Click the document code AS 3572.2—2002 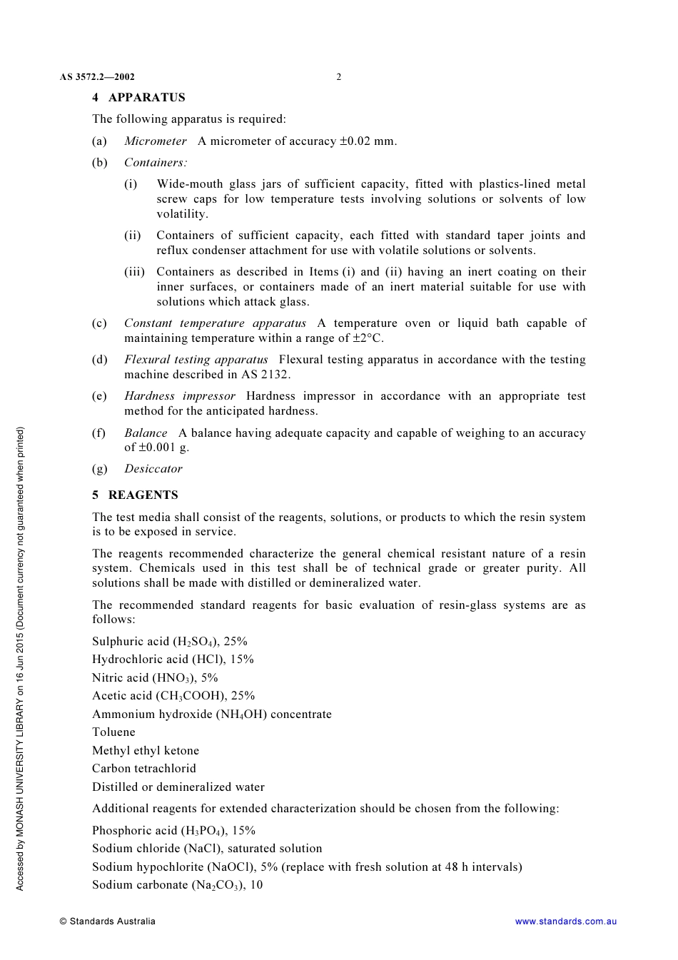click(97, 77)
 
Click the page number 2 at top click(338, 77)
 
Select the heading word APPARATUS click(146, 98)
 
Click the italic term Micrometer click(156, 141)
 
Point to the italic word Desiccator click(153, 469)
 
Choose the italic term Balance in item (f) click(146, 433)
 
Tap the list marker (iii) click(134, 272)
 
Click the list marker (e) click(99, 396)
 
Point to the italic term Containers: click(156, 163)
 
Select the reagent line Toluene click(113, 732)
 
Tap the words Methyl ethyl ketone click(146, 751)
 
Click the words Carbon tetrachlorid click(144, 769)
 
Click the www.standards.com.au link click(565, 921)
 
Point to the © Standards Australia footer click(107, 921)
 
